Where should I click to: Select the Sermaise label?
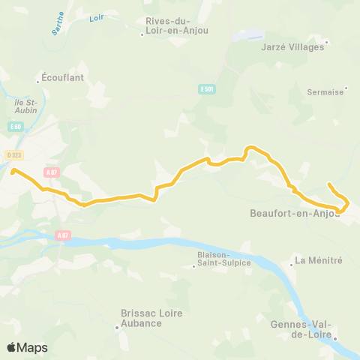(x=325, y=91)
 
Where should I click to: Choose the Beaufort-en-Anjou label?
(x=293, y=213)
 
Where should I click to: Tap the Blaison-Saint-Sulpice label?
(x=224, y=259)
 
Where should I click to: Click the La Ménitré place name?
(x=319, y=260)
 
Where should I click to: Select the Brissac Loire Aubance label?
(x=141, y=318)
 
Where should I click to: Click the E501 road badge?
(x=207, y=89)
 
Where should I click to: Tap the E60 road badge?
(x=16, y=127)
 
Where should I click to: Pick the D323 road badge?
(x=14, y=155)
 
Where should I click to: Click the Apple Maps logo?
(x=27, y=347)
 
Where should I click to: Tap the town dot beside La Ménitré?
(x=291, y=264)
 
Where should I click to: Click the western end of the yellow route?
(x=13, y=171)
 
